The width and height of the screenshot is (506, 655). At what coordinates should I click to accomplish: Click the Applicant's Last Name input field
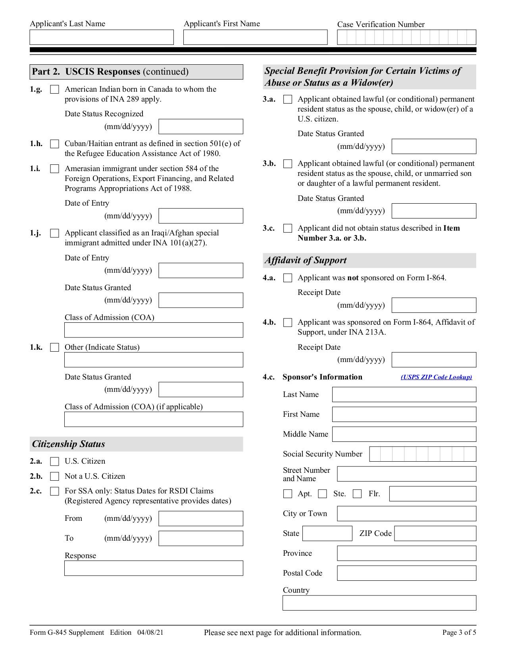point(102,37)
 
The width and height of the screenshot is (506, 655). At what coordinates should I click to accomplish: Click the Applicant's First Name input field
point(255,37)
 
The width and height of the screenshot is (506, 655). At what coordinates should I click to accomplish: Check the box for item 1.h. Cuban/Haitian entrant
point(55,144)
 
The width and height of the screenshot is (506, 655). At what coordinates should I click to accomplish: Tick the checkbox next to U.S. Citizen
point(55,461)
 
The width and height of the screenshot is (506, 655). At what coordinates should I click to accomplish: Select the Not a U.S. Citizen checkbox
point(55,476)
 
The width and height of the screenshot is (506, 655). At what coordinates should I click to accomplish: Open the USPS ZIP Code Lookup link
point(436,377)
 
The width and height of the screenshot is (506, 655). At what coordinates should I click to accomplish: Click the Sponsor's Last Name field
point(404,395)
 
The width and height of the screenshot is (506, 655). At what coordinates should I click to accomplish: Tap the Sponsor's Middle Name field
point(404,434)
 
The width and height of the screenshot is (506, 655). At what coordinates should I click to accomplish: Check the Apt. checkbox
point(288,494)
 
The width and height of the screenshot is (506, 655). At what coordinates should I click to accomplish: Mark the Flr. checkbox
point(357,494)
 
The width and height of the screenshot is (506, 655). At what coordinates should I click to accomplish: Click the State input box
point(327,534)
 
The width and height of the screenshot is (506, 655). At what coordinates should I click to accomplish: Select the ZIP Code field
point(435,534)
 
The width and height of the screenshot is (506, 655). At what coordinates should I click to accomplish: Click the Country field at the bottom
point(379,603)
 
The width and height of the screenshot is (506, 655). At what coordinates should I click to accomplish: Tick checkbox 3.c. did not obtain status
point(288,229)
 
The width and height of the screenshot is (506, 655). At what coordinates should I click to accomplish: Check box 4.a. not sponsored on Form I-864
point(288,278)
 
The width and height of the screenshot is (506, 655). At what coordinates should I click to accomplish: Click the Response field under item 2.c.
point(154,568)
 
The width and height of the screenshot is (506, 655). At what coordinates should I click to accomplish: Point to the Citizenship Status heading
point(69,444)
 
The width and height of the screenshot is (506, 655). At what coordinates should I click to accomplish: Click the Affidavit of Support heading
point(306,260)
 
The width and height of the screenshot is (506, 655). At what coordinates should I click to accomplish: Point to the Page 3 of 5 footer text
point(459,633)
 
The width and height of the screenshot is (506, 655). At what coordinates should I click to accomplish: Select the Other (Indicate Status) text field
point(154,360)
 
